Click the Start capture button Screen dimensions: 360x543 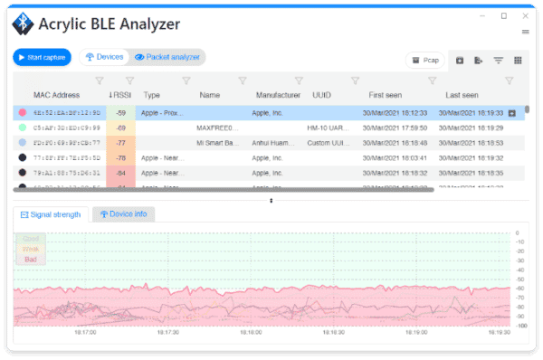[42, 57]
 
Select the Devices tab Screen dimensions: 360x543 [105, 57]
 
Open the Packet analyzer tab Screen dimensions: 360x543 [167, 57]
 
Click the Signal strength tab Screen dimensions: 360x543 [51, 214]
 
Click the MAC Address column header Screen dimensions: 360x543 [57, 95]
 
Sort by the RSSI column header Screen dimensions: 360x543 [120, 95]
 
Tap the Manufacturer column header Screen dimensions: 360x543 [278, 95]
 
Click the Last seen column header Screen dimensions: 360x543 [462, 95]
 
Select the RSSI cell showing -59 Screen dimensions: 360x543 [120, 113]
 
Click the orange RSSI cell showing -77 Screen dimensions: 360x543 [120, 143]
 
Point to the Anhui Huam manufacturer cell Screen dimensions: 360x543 [278, 143]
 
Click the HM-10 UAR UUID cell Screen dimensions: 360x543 [328, 128]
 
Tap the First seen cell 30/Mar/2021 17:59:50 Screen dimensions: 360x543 [395, 128]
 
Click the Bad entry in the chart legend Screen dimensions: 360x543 [30, 259]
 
